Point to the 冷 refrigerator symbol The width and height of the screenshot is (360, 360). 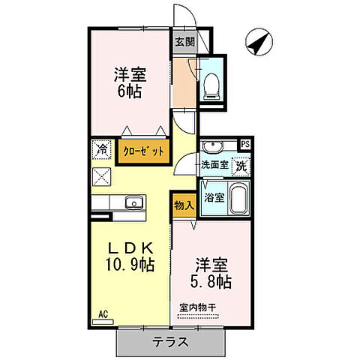[x=101, y=149]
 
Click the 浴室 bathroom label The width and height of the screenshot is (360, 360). [x=214, y=198]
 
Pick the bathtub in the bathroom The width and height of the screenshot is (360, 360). [x=238, y=199]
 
